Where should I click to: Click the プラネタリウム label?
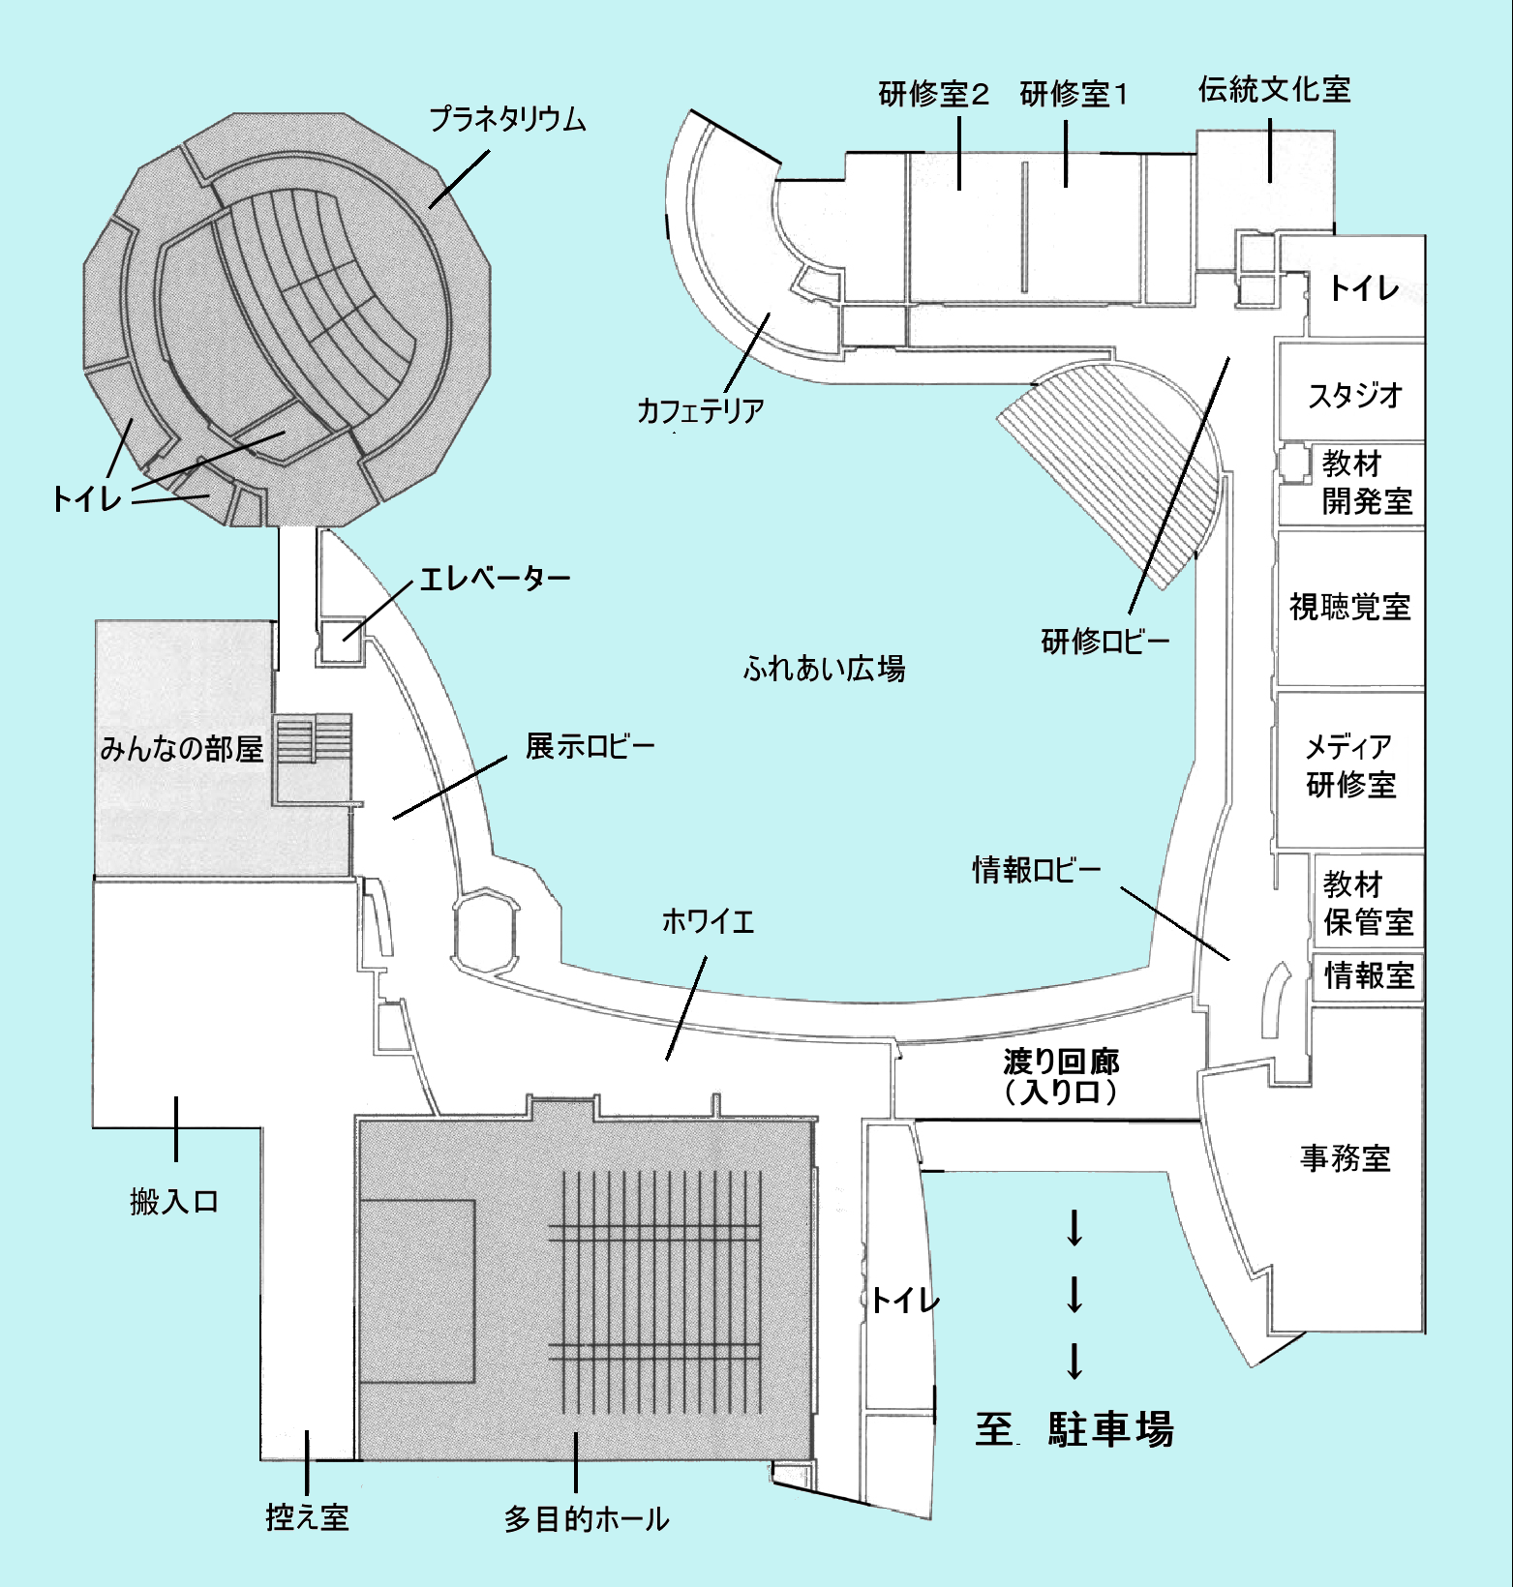507,120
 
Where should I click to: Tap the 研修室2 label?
933,95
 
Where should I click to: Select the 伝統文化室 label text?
1274,90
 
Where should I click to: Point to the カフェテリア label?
700,410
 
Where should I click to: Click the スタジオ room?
1354,394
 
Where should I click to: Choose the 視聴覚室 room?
1349,607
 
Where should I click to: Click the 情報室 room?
1368,975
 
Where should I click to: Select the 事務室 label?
1345,1158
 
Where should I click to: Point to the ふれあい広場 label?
824,668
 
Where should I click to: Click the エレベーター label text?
495,580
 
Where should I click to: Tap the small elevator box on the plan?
340,640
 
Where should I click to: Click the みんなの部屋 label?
181,748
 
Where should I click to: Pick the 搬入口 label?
174,1202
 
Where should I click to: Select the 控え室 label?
307,1517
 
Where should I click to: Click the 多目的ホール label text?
586,1519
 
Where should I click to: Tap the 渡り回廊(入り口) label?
1061,1077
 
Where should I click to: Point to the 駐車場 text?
1110,1429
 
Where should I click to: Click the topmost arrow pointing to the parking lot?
1074,1228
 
